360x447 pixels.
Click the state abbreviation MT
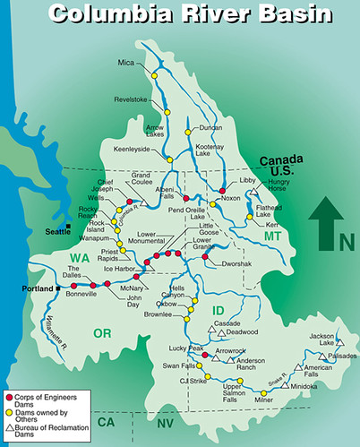(x=273, y=236)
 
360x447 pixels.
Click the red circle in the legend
(x=8, y=396)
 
